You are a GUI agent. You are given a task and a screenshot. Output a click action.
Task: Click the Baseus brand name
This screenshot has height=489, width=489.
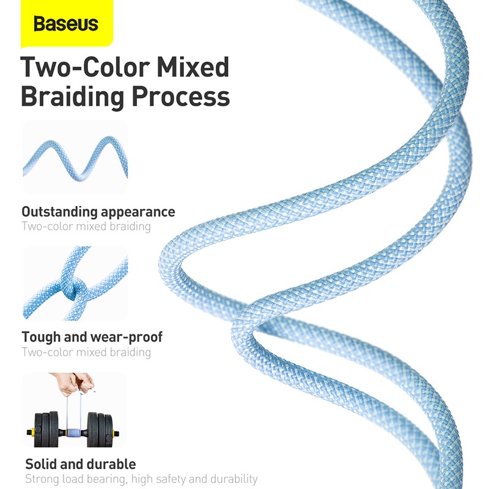click(x=66, y=24)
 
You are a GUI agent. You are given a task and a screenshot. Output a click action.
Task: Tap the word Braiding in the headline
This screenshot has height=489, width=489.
click(x=73, y=97)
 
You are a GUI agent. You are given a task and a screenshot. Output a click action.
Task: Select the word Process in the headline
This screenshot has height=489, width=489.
click(x=181, y=97)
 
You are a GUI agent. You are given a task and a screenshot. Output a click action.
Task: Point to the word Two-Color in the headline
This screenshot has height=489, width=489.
click(x=85, y=67)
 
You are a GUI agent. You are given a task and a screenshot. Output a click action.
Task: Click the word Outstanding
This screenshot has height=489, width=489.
click(x=59, y=212)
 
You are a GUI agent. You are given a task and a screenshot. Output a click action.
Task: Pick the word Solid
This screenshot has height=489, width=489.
click(x=41, y=464)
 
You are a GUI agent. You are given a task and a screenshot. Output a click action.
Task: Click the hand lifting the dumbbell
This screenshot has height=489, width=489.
click(x=75, y=384)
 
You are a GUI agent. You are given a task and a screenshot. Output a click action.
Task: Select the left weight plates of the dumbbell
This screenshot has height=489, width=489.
click(x=46, y=429)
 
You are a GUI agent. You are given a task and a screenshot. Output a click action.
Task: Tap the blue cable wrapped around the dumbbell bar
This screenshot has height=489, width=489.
click(x=73, y=433)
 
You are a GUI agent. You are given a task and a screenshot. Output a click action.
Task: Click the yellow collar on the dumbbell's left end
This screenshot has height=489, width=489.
click(x=30, y=433)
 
